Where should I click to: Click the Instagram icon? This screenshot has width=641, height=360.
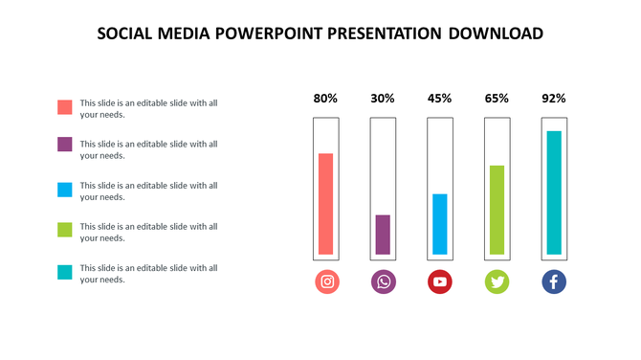point(326,281)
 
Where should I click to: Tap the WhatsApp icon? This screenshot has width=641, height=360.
point(383,281)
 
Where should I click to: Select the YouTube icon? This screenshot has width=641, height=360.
point(440,281)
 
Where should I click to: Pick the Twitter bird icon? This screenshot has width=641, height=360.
point(497,281)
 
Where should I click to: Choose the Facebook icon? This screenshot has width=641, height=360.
point(554,281)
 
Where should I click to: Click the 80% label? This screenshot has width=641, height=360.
point(326,98)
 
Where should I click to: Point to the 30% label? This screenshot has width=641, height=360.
point(383,98)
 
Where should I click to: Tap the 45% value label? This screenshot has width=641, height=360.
point(440,98)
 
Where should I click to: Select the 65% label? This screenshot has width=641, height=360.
point(497,98)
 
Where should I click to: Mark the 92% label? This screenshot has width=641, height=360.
point(554,98)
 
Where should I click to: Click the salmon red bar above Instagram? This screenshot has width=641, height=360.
point(326,204)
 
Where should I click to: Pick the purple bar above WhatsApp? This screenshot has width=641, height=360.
point(383,235)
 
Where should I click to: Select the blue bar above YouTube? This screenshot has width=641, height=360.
point(440,224)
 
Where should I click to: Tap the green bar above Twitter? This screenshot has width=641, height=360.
point(497,210)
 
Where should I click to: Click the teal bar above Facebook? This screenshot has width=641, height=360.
point(554,192)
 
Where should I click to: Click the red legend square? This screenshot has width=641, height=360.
point(65,107)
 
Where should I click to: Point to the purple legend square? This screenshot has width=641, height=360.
point(65,145)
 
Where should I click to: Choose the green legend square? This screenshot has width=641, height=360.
point(65,230)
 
